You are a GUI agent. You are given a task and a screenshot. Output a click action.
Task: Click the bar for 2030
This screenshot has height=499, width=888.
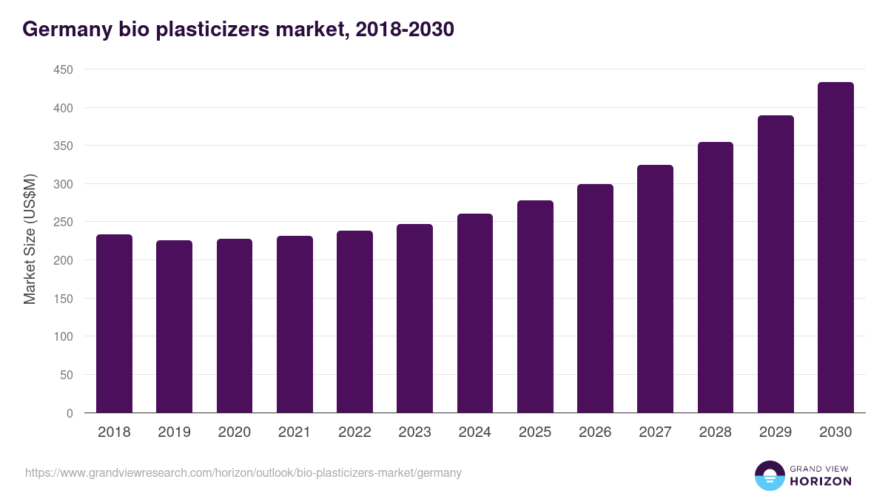point(835,248)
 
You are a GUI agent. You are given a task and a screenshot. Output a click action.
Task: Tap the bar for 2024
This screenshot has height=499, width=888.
point(475,313)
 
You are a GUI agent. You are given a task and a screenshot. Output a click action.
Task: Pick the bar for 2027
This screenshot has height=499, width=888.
point(655,289)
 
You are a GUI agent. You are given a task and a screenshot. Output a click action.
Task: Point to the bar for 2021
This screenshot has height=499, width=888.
point(295,325)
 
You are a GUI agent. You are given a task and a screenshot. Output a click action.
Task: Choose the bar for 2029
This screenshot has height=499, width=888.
point(776,264)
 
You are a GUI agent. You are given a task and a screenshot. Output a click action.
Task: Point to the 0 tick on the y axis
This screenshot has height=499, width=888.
point(70,413)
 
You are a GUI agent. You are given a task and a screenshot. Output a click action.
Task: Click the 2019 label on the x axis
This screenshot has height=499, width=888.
point(174,432)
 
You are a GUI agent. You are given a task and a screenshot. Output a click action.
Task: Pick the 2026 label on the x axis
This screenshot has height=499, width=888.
point(595,432)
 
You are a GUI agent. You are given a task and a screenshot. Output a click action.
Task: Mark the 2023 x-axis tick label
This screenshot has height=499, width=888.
point(414,432)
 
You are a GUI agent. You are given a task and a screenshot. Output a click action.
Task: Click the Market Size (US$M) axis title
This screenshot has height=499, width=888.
point(30,240)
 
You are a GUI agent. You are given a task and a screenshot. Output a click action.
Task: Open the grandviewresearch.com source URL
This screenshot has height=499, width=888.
point(243,472)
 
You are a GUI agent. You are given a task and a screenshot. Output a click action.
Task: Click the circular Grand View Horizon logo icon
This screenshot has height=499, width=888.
point(769,475)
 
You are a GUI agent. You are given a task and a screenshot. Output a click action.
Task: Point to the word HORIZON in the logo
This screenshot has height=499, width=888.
point(820,481)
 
